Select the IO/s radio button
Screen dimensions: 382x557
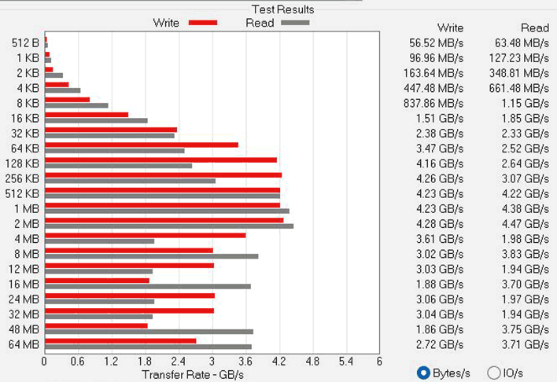point(494,372)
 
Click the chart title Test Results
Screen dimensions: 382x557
point(282,9)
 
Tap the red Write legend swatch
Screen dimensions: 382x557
point(202,23)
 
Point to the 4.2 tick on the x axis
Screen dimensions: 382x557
point(278,362)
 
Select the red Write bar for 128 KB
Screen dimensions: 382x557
point(161,160)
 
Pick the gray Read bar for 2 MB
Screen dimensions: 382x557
point(169,226)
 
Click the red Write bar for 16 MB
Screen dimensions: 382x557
point(97,281)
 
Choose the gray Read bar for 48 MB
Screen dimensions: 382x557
point(149,332)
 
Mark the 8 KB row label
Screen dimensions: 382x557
point(28,103)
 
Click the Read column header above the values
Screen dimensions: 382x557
point(535,28)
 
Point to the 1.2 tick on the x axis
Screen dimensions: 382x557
point(111,362)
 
